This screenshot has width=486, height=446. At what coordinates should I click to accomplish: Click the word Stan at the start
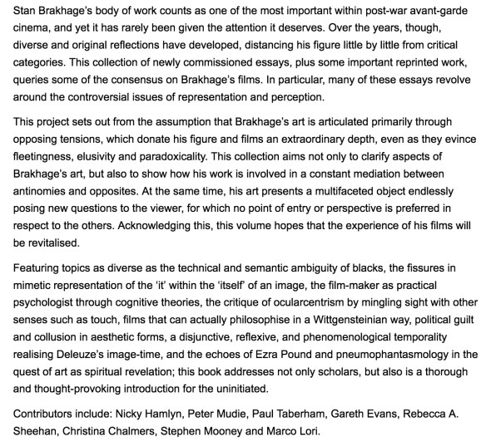(13, 12)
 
